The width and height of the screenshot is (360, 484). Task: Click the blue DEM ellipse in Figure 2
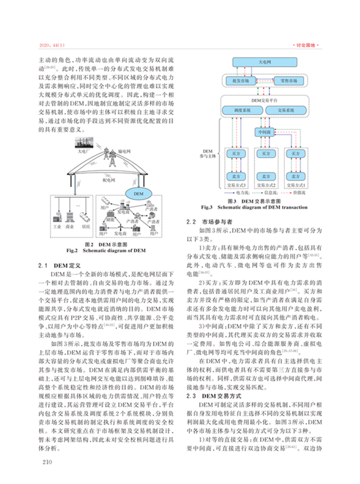(137, 192)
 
